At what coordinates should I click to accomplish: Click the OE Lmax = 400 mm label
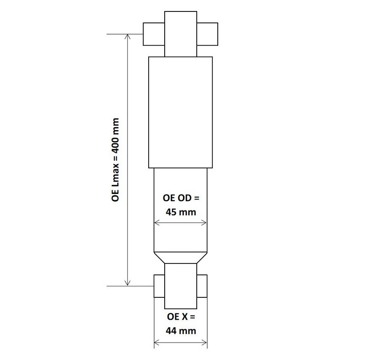[115, 160]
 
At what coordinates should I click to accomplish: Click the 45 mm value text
[180, 212]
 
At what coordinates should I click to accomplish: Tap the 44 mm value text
[180, 330]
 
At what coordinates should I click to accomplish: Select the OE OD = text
[181, 199]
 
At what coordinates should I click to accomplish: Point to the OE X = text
[180, 317]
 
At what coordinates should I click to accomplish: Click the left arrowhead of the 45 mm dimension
[156, 223]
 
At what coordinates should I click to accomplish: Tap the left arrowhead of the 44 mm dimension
[156, 342]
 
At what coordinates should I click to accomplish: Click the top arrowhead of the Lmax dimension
[129, 37]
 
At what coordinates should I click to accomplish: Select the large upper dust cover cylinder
[180, 112]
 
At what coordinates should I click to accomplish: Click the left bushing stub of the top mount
[154, 34]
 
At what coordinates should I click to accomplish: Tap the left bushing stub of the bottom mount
[159, 286]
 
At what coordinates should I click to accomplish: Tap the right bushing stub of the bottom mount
[202, 286]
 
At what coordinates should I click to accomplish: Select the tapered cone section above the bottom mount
[180, 258]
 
